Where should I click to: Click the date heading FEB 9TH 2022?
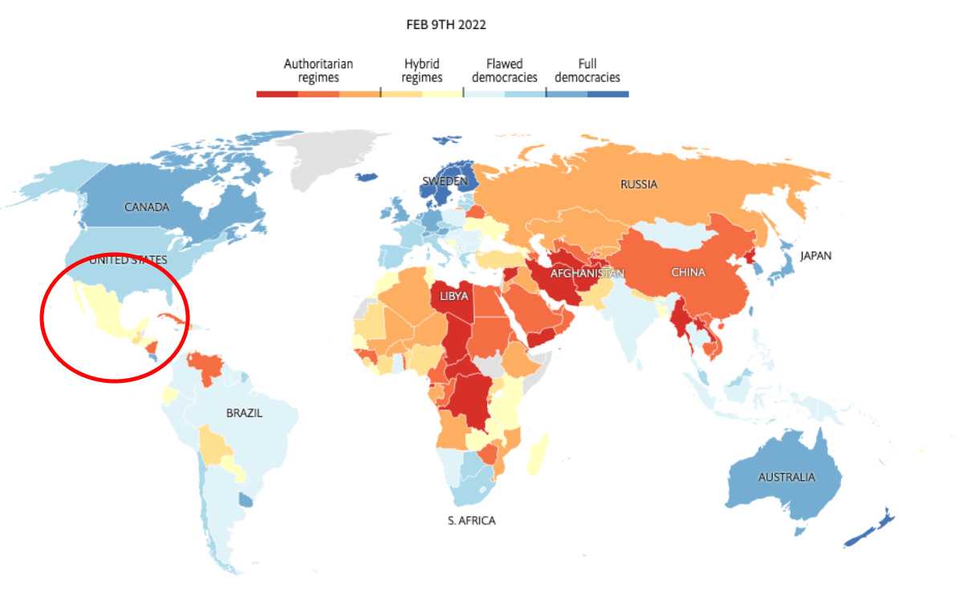446,25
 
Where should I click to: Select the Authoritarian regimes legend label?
319,71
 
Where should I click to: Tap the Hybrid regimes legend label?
422,71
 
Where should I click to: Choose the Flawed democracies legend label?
505,71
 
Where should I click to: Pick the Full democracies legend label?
587,71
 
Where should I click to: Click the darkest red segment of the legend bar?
277,94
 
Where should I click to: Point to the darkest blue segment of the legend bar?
608,94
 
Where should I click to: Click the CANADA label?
147,207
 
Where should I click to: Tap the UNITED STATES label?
128,259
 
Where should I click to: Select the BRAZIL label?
244,413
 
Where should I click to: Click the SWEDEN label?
445,181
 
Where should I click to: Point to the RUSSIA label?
639,185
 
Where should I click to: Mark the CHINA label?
689,273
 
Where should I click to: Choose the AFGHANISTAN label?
587,274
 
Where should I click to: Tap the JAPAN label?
815,256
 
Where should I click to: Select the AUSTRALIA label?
786,477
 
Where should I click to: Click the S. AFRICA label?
471,521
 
